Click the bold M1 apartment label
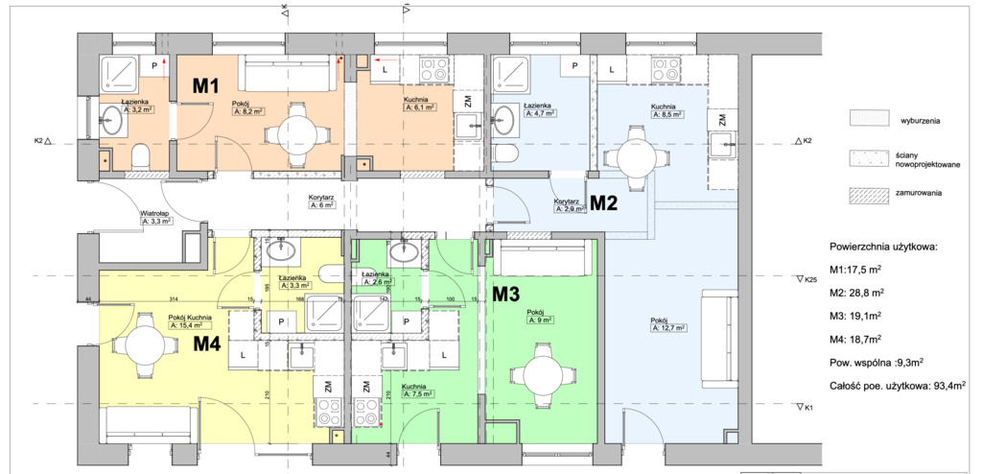(206, 85)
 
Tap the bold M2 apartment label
(603, 202)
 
